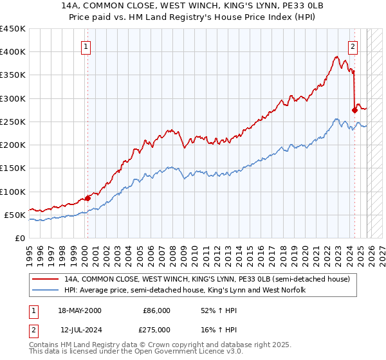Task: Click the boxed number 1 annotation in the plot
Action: pyautogui.click(x=86, y=46)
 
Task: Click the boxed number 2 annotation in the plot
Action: pyautogui.click(x=353, y=46)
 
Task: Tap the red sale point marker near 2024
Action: pyautogui.click(x=354, y=111)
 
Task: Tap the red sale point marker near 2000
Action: pyautogui.click(x=88, y=198)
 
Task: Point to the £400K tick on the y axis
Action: pyautogui.click(x=13, y=52)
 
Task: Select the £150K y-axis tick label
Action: pyautogui.click(x=13, y=168)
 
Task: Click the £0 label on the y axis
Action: pyautogui.click(x=19, y=239)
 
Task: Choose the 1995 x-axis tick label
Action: pyautogui.click(x=30, y=251)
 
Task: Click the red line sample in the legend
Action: pyautogui.click(x=47, y=280)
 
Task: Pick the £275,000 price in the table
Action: pyautogui.click(x=156, y=330)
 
